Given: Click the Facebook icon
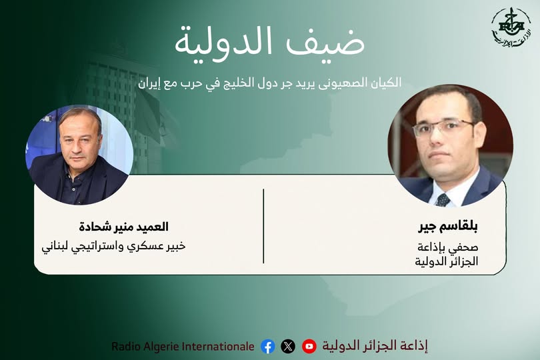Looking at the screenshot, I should click(268, 346).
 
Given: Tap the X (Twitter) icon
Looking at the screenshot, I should click(288, 346).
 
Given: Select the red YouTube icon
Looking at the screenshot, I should click(309, 346).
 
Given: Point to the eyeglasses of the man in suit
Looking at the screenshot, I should click(443, 126).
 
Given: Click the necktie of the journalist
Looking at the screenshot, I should click(443, 198).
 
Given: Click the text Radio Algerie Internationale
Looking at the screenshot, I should click(183, 346).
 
